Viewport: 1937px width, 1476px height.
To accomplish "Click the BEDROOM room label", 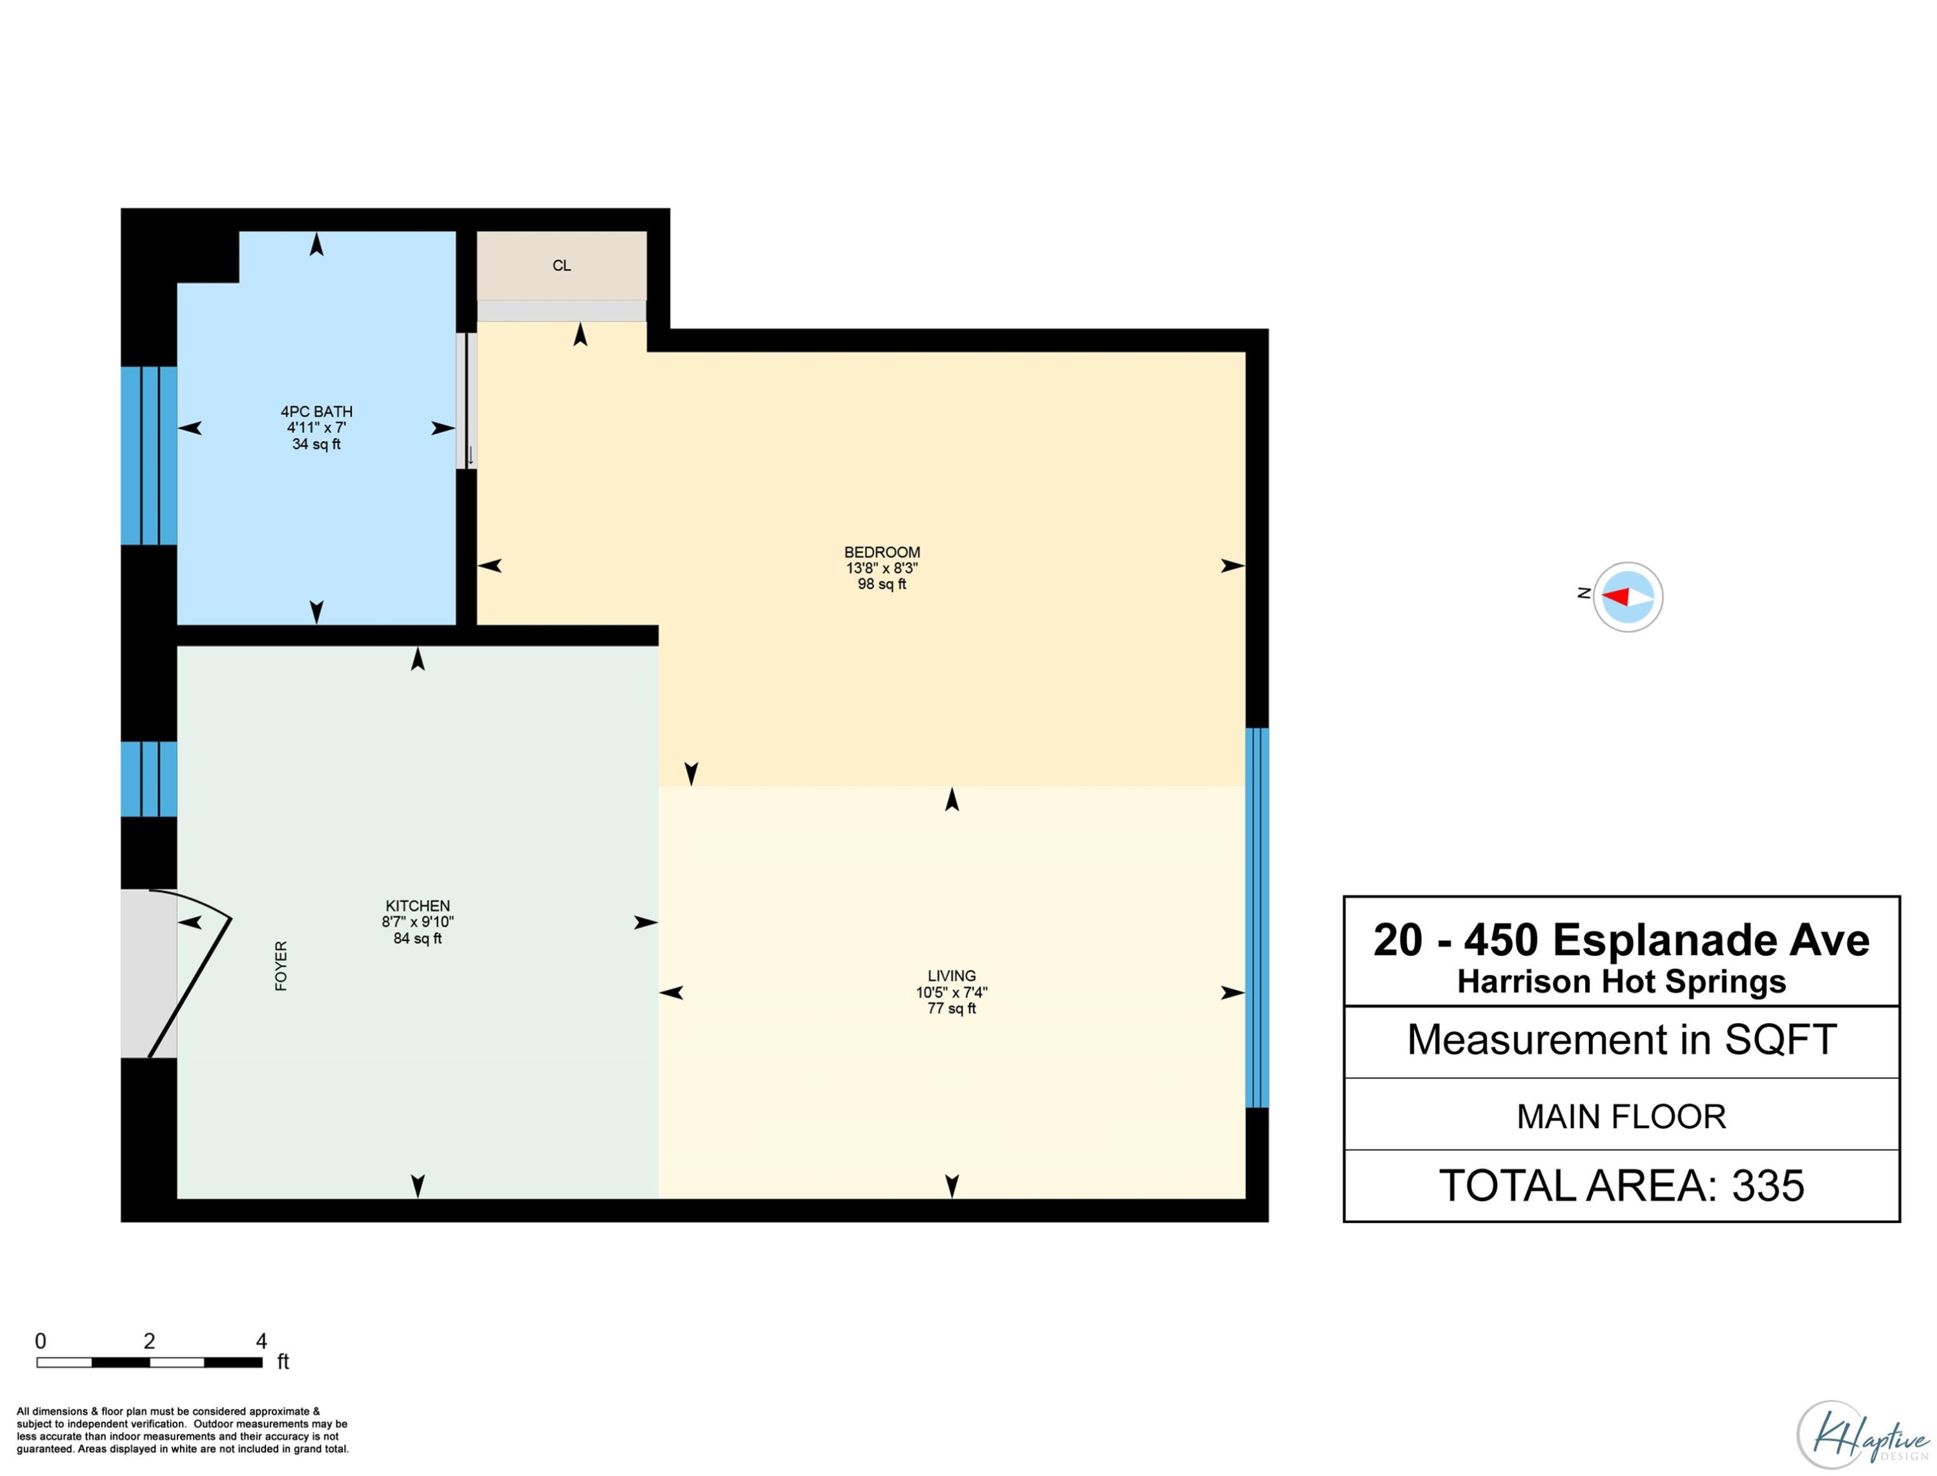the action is tap(881, 552).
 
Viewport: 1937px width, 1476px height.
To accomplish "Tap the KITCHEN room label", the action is tap(418, 906).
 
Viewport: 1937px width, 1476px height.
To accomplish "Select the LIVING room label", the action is tap(951, 976).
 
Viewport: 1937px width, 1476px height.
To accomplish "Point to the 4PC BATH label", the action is tap(316, 411).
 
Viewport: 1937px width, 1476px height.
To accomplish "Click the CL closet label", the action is tap(562, 265).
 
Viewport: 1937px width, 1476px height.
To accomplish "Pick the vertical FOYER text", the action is tap(282, 965).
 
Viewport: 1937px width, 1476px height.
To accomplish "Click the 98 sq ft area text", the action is tap(881, 584).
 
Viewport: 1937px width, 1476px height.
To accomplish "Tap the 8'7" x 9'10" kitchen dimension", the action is tap(418, 922).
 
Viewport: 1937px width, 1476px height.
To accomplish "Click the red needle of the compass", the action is tap(1615, 596).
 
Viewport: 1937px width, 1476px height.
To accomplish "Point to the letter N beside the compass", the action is tap(1584, 593).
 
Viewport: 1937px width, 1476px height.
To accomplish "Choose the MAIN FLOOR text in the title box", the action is tap(1621, 1117).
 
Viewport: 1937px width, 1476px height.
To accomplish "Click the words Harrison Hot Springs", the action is tap(1621, 982).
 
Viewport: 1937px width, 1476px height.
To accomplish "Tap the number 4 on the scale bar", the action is tap(261, 1340).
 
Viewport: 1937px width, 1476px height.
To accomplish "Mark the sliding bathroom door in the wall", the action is tap(467, 401).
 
